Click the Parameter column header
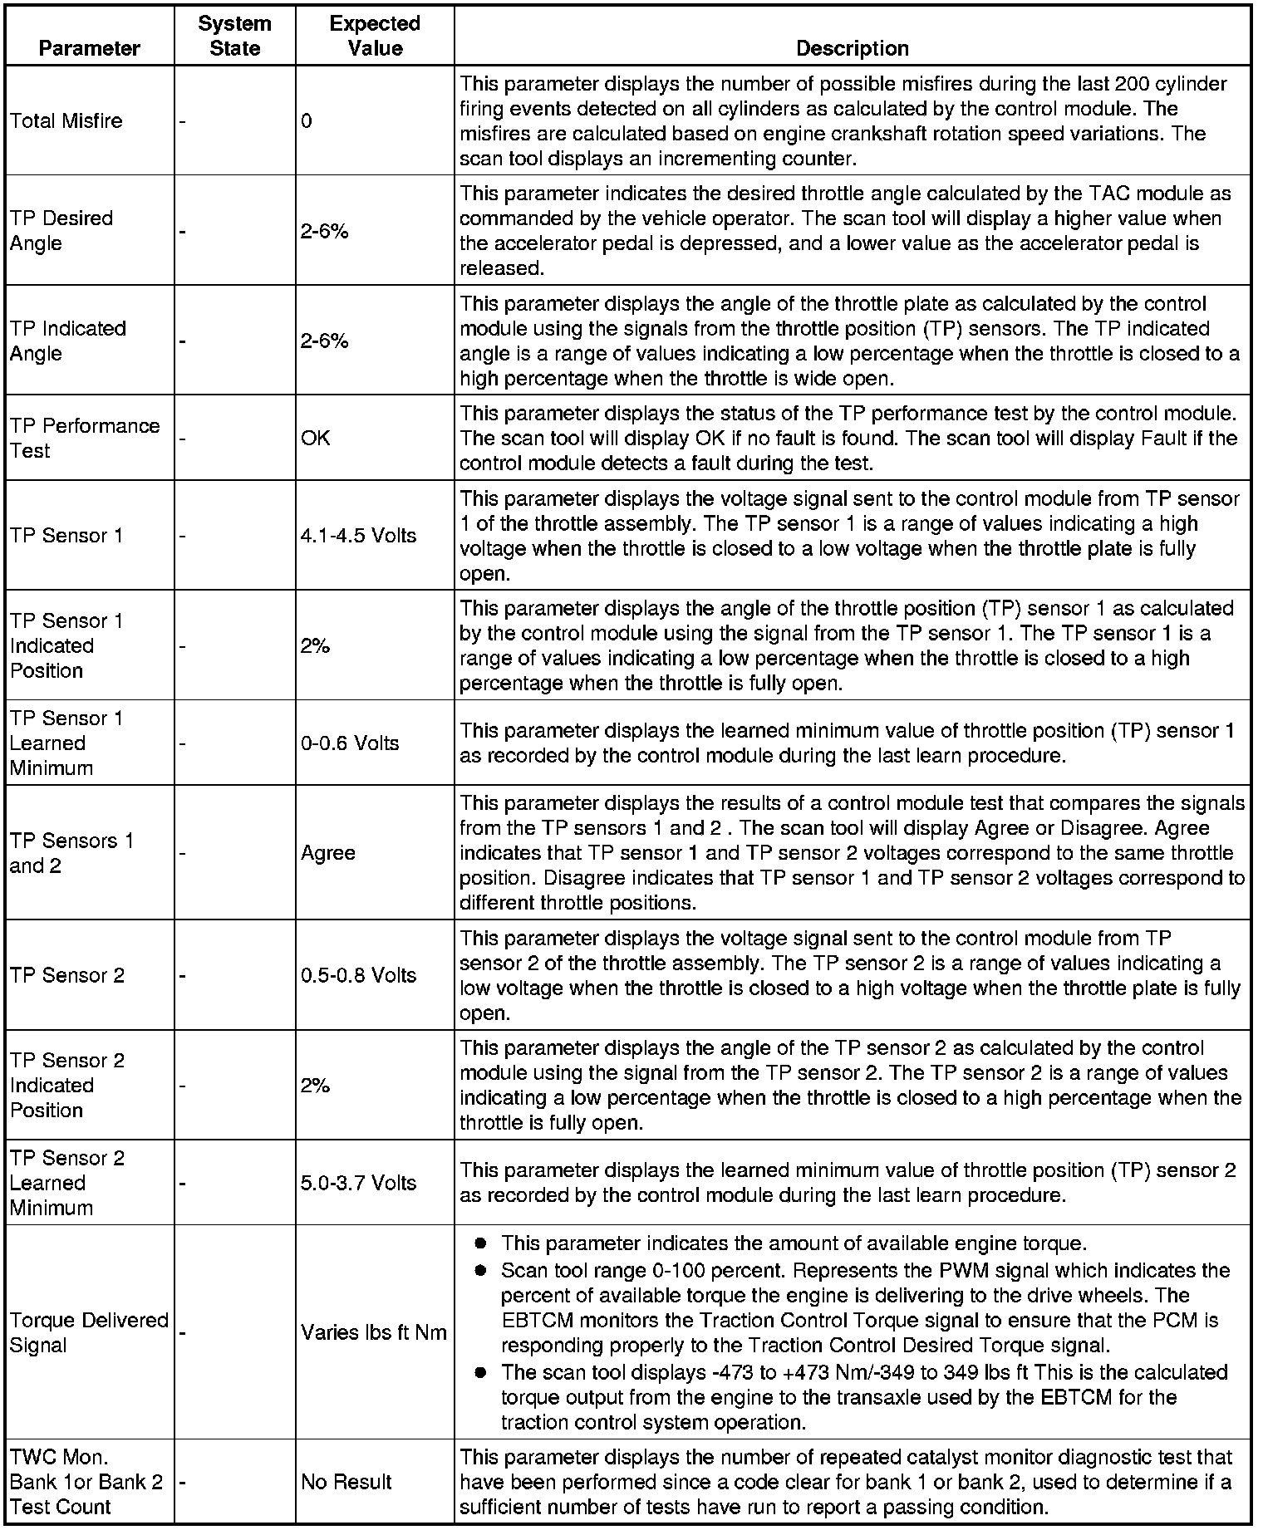click(90, 48)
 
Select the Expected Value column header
click(375, 36)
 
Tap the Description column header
click(852, 48)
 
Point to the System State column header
click(234, 36)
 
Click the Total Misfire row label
click(66, 121)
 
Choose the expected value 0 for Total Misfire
click(307, 121)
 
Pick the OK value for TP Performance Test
click(316, 438)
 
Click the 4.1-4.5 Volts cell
click(358, 536)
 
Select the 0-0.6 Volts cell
click(350, 743)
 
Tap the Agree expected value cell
click(328, 853)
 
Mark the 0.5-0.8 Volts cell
click(358, 975)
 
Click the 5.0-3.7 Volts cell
click(358, 1183)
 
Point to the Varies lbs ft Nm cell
click(374, 1332)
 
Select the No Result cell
click(346, 1482)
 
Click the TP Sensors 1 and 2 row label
click(71, 853)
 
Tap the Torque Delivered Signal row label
click(89, 1332)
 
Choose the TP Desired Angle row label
click(61, 231)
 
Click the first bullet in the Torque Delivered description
click(479, 1243)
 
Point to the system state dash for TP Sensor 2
click(183, 975)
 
